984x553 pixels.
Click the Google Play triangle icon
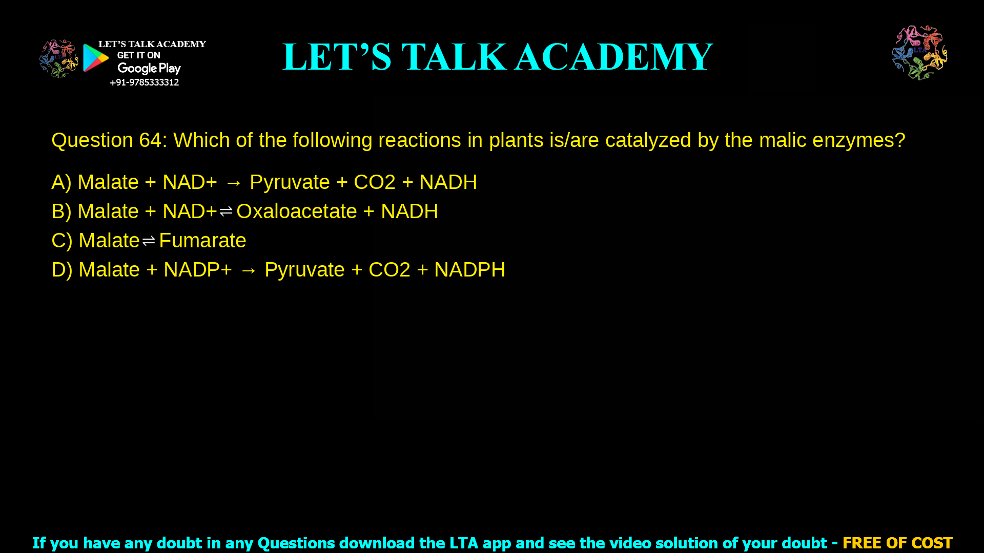(96, 58)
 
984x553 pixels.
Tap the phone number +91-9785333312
(144, 82)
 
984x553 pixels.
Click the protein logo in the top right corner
(919, 53)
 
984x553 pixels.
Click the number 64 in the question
(150, 140)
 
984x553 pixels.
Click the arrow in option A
(233, 183)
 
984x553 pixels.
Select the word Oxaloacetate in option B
(296, 211)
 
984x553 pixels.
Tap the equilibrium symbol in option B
(226, 211)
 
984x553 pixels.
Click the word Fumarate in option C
(202, 241)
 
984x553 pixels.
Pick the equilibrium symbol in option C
(149, 241)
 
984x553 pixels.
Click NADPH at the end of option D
(469, 270)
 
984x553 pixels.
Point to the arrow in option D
(248, 270)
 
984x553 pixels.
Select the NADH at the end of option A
(448, 182)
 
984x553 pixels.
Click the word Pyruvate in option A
(290, 182)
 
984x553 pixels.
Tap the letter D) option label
(61, 270)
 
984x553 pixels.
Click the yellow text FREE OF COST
(897, 543)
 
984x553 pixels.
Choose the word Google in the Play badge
(137, 69)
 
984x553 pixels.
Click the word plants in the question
(516, 140)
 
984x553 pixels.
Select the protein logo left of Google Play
(58, 58)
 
